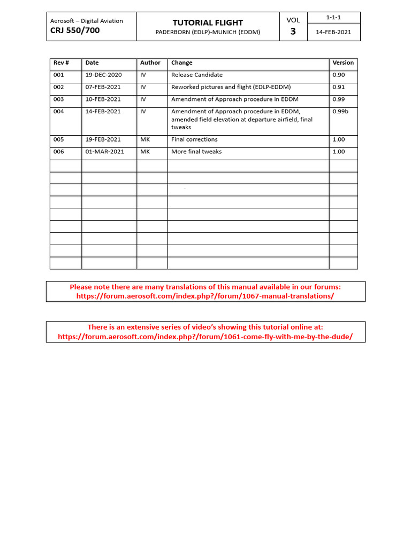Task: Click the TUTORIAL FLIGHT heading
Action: point(208,22)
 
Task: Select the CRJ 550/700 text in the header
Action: point(75,30)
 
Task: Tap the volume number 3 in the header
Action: point(293,32)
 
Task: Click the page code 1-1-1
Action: point(333,18)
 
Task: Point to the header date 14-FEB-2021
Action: point(333,32)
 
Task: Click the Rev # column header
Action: point(60,63)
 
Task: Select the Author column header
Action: point(150,63)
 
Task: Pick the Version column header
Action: point(343,63)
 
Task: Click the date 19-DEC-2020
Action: point(104,75)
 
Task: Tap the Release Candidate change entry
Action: point(197,75)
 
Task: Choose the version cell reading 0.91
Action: point(339,87)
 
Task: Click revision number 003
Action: point(58,99)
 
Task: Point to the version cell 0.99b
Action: point(340,112)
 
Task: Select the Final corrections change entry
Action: point(194,140)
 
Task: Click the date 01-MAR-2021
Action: point(105,152)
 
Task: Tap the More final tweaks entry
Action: point(196,152)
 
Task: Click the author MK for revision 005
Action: point(145,140)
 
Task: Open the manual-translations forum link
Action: point(205,296)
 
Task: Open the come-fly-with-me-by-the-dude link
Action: point(205,337)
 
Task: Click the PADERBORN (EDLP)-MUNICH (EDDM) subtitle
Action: point(208,32)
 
